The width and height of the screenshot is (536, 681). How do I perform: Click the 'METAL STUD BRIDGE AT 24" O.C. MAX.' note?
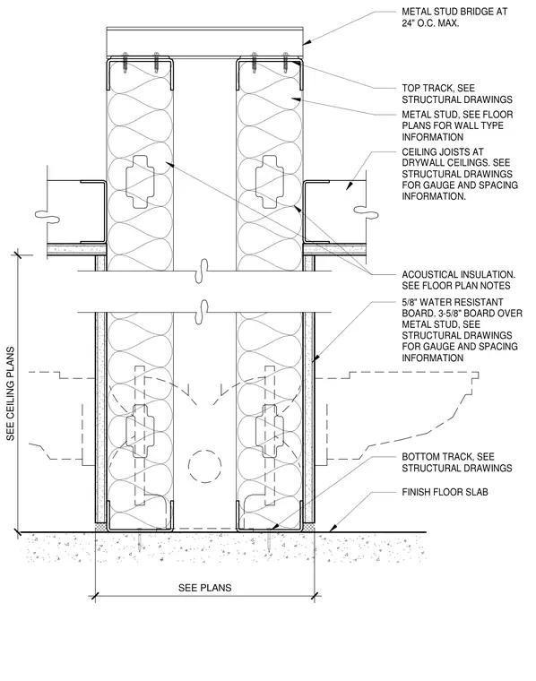pos(454,17)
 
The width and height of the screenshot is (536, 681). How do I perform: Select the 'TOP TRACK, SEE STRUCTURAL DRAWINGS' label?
pos(457,94)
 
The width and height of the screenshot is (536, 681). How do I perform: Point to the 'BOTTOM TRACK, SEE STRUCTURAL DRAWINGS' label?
pos(456,462)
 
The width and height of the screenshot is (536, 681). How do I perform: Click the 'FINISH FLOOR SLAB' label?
pos(445,492)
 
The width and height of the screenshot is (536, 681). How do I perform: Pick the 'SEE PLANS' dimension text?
pos(204,588)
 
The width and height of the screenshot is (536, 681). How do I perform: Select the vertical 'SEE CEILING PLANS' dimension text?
pos(11,393)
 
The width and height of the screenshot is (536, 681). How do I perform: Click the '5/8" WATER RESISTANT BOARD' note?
pos(462,330)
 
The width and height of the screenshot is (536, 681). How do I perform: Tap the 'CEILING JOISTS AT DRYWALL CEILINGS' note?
pos(460,174)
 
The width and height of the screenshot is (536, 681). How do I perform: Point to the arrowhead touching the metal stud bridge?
pos(307,43)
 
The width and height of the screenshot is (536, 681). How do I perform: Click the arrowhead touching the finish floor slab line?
pos(333,528)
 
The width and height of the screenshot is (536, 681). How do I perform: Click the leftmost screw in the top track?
pos(125,63)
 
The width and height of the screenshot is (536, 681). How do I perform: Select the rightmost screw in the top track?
pos(285,63)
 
